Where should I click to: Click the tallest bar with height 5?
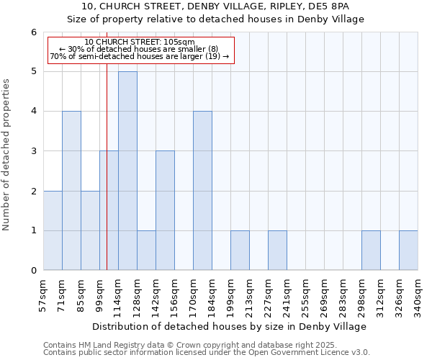[127, 171]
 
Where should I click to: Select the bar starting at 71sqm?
[71, 191]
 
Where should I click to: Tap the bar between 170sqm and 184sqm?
[202, 191]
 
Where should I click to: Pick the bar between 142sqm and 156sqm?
[165, 210]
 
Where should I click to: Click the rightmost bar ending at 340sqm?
[408, 251]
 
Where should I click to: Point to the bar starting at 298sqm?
[371, 251]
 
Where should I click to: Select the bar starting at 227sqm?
[277, 251]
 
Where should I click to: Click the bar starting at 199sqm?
[240, 251]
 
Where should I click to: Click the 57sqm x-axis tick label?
[44, 295]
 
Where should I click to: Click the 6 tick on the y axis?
[33, 32]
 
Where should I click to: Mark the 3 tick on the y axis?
[33, 151]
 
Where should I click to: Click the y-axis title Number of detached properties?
[7, 151]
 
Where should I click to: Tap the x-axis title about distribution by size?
[230, 326]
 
